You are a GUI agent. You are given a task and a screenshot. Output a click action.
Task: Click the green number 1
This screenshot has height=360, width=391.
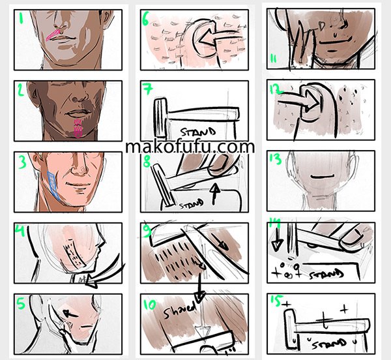coord(21,18)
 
